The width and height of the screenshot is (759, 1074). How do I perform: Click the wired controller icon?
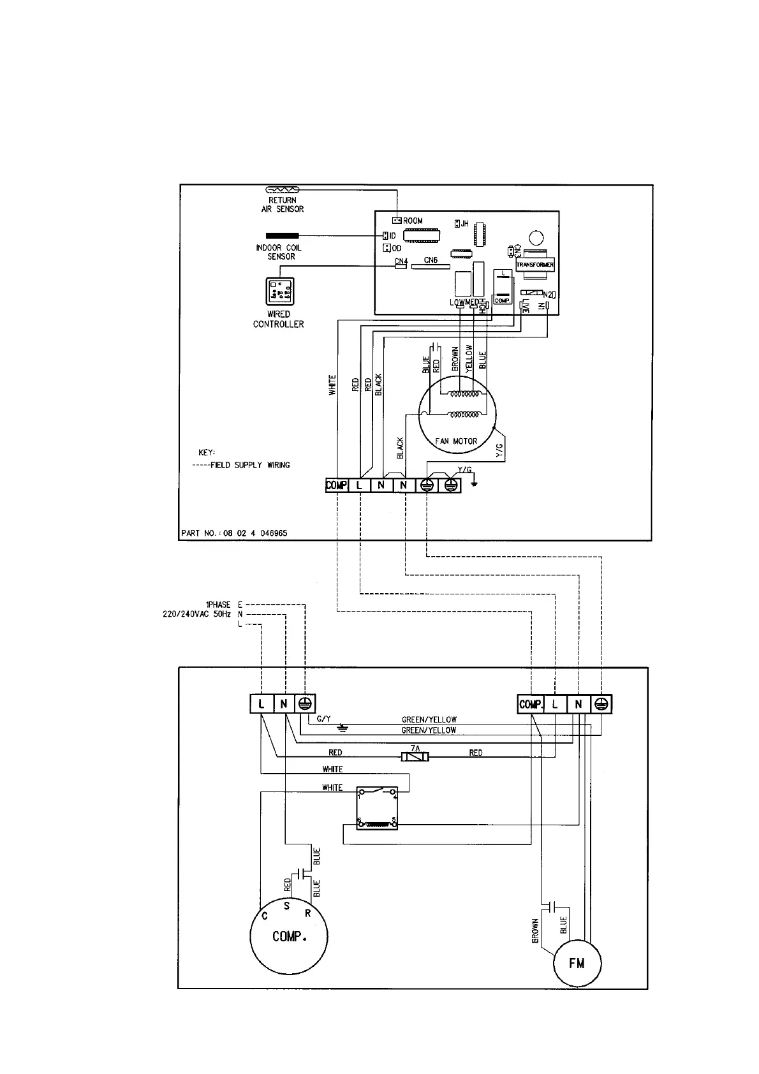pyautogui.click(x=279, y=292)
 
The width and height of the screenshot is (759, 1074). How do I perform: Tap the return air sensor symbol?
pyautogui.click(x=281, y=190)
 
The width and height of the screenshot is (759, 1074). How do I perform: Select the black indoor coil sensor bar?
pyautogui.click(x=281, y=236)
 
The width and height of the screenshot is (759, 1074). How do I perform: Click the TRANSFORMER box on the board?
pyautogui.click(x=534, y=265)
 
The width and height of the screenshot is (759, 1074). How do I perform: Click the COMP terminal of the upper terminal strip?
pyautogui.click(x=336, y=485)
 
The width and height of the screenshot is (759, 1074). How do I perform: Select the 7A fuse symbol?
pyautogui.click(x=415, y=756)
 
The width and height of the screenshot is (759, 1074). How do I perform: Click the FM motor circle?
pyautogui.click(x=577, y=963)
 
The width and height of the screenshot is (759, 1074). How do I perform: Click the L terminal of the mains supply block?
pyautogui.click(x=262, y=704)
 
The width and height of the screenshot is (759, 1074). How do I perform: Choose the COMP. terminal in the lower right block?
pyautogui.click(x=530, y=704)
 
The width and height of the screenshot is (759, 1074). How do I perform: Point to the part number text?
pyautogui.click(x=234, y=533)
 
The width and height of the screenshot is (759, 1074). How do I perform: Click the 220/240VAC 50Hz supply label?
pyautogui.click(x=196, y=614)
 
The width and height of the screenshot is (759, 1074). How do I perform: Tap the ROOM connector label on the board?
pyautogui.click(x=413, y=221)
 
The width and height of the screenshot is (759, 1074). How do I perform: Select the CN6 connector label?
pyautogui.click(x=431, y=260)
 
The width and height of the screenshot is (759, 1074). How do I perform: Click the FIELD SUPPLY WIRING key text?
pyautogui.click(x=250, y=465)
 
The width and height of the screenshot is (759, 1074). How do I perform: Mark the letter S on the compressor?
pyautogui.click(x=287, y=906)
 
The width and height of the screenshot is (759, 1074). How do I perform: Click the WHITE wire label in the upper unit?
pyautogui.click(x=332, y=385)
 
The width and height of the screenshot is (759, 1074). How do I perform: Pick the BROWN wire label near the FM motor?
pyautogui.click(x=535, y=931)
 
